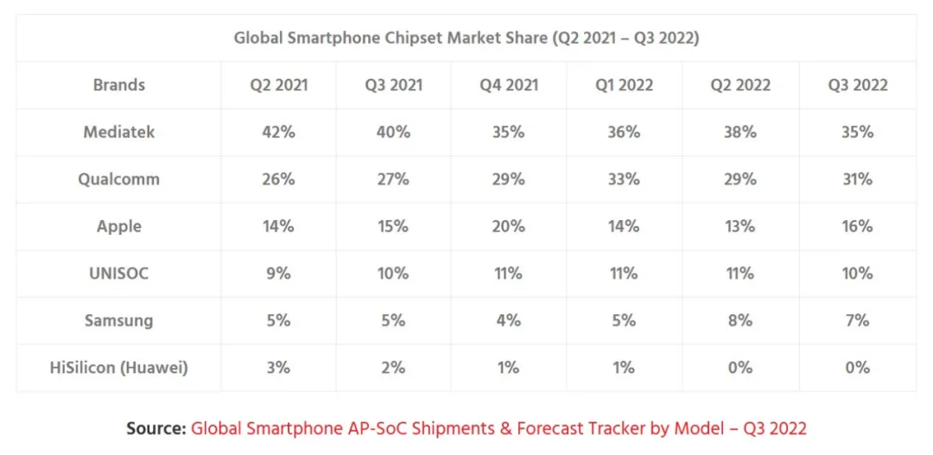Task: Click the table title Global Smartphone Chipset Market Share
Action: tap(466, 38)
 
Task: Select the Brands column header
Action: tap(119, 85)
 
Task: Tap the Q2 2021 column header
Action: tap(278, 85)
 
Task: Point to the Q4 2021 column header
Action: tap(508, 85)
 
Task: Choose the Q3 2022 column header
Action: tap(857, 85)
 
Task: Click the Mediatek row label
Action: tap(119, 132)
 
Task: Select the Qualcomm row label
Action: tap(119, 180)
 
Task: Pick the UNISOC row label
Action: tap(119, 274)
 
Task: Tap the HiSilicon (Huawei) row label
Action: tap(119, 368)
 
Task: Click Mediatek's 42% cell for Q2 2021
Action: tap(278, 132)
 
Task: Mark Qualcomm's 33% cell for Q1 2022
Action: tap(624, 180)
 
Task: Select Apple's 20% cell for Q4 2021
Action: tap(508, 226)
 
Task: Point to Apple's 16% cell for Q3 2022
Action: tap(857, 226)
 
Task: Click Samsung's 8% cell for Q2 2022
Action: tap(739, 320)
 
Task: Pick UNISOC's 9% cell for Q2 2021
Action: tap(278, 274)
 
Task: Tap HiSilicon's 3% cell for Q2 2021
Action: tap(278, 368)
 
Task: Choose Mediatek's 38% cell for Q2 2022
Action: tap(739, 132)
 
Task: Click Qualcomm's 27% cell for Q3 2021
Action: tap(393, 180)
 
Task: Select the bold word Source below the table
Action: tap(155, 428)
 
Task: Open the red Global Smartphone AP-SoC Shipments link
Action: tap(498, 428)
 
